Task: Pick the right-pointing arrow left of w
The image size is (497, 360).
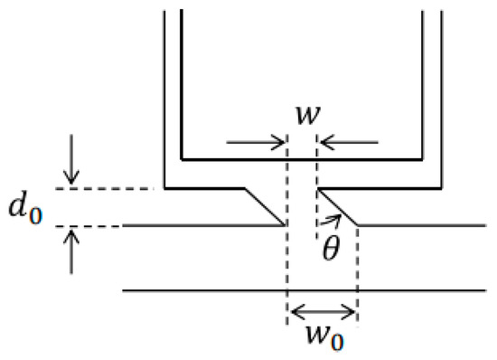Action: point(258,142)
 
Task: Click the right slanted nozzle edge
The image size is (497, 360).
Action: point(338,207)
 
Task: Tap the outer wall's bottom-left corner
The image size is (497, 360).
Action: point(164,189)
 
